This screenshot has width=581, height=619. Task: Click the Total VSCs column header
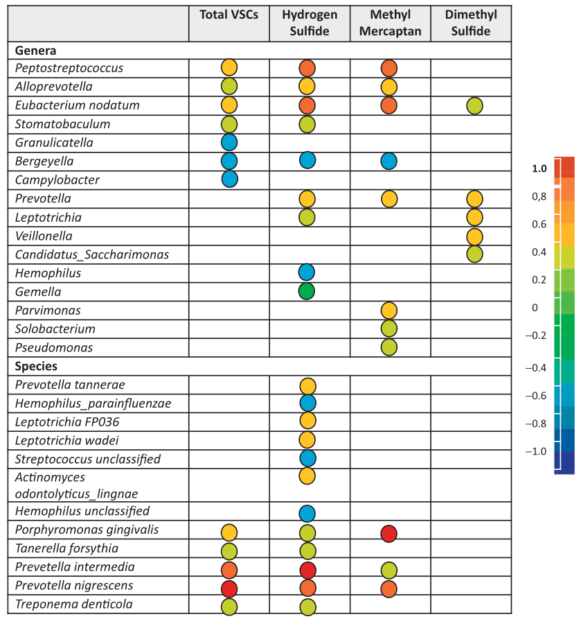(229, 15)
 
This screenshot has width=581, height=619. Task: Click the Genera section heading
(35, 51)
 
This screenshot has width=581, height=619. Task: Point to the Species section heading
(36, 366)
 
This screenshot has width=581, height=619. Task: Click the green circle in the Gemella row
(307, 292)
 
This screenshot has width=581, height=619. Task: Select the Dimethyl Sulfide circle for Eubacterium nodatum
(474, 105)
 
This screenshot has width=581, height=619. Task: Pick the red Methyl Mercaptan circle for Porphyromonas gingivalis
(389, 533)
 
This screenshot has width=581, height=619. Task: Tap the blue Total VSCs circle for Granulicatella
(229, 142)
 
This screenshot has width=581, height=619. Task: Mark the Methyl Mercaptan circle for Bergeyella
(389, 161)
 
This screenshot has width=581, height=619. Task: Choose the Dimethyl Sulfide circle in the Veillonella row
(474, 236)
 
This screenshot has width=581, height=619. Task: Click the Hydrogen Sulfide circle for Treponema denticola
(307, 607)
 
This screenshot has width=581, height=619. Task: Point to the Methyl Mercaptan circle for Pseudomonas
(389, 347)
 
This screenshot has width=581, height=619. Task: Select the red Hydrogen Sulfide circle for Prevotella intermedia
(307, 570)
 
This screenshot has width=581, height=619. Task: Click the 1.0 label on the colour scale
(539, 168)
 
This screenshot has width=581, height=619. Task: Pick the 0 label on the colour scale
(535, 307)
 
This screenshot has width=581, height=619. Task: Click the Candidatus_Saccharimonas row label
(92, 254)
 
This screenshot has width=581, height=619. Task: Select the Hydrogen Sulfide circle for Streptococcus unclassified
(307, 458)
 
